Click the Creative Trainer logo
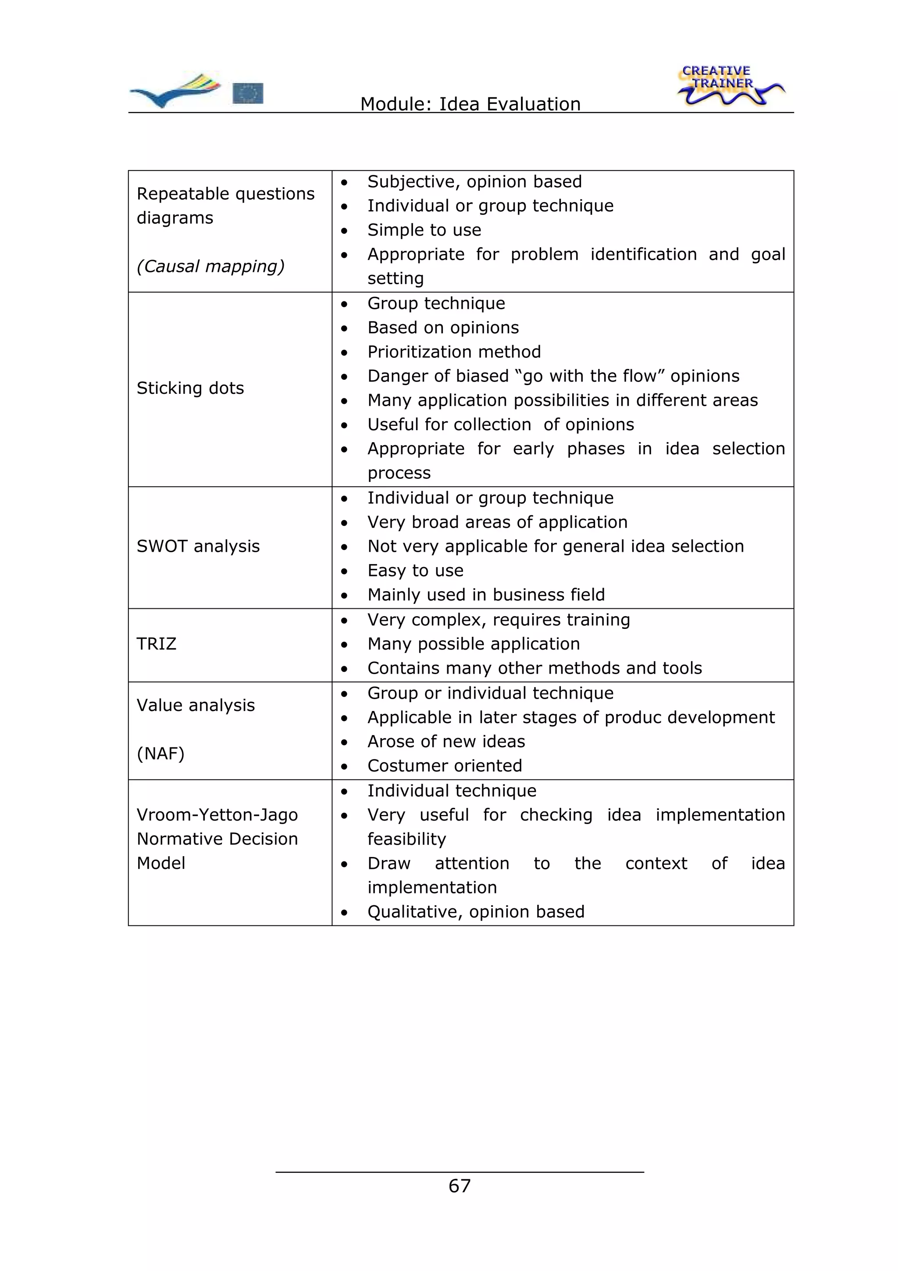coord(729,86)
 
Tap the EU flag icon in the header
coord(247,93)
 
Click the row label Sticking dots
coord(190,388)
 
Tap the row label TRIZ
coord(156,644)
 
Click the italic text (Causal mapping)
coord(210,266)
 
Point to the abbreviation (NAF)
coord(160,753)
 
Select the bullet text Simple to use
coord(424,230)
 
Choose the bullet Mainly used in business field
coord(486,595)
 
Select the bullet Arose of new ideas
coord(446,741)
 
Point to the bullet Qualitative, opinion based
coord(476,912)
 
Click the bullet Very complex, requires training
coord(499,619)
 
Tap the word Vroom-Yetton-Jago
coord(217,815)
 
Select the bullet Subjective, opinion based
coord(474,182)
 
